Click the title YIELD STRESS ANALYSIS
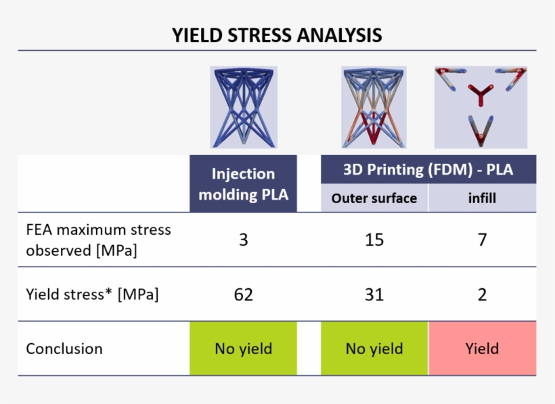click(x=277, y=35)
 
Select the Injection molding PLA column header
click(x=243, y=184)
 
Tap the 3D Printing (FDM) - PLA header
click(x=428, y=169)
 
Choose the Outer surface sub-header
click(x=374, y=199)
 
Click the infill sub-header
click(x=482, y=199)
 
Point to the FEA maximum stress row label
click(x=98, y=240)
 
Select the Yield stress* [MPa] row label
click(x=92, y=294)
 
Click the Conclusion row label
click(x=64, y=349)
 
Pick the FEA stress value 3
click(x=243, y=240)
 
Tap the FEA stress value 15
click(x=374, y=240)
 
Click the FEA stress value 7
click(x=482, y=240)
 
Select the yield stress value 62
click(x=243, y=294)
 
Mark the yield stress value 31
click(x=374, y=294)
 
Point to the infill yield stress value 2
click(x=482, y=294)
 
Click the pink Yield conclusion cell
click(x=482, y=349)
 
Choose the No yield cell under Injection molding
click(x=243, y=349)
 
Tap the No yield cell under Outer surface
click(x=374, y=349)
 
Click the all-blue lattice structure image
click(x=243, y=107)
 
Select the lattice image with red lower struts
click(x=374, y=107)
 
